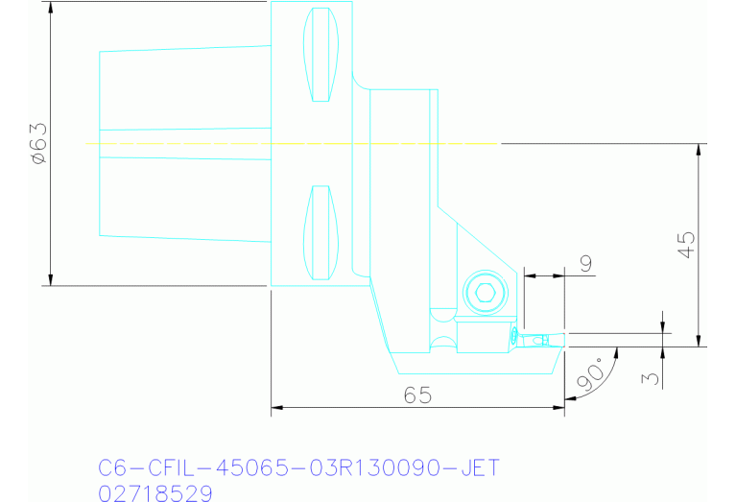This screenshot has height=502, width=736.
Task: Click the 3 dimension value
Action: tap(653, 377)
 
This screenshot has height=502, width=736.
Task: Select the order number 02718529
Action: tap(156, 492)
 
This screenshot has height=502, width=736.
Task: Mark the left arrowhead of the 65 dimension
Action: tap(277, 409)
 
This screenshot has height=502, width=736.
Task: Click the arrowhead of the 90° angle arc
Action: tap(614, 352)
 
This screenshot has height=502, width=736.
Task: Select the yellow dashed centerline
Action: tap(288, 144)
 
